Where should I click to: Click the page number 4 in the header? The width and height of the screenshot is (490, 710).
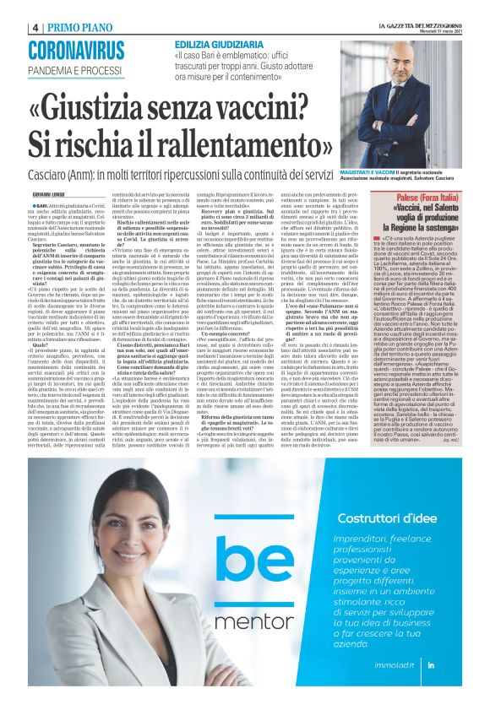[36, 27]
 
